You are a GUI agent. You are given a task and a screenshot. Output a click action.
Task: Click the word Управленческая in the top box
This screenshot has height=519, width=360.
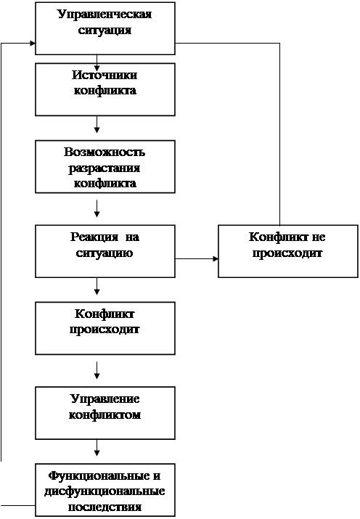(x=105, y=15)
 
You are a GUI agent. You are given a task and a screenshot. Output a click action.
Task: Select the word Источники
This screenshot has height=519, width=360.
(x=105, y=75)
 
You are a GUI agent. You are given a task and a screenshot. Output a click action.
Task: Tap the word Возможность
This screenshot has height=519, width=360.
(x=105, y=152)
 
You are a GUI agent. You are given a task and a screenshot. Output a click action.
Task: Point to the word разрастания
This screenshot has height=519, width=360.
(x=105, y=168)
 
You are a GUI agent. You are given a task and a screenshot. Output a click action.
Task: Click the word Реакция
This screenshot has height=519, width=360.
(x=94, y=237)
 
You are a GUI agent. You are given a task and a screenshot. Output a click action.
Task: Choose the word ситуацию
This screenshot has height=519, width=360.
(x=105, y=253)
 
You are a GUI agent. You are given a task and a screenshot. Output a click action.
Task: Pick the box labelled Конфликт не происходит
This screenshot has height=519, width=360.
(x=288, y=251)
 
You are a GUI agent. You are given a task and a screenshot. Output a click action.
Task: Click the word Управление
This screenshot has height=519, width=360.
(x=105, y=399)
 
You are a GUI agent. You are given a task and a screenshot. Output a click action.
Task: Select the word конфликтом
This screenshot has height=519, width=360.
(x=105, y=414)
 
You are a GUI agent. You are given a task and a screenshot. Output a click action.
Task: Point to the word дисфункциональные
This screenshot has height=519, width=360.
(x=105, y=491)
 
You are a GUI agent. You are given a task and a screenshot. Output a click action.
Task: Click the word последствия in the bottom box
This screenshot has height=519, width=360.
(x=105, y=507)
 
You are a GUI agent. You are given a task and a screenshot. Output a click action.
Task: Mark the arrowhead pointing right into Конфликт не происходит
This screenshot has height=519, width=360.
(x=216, y=258)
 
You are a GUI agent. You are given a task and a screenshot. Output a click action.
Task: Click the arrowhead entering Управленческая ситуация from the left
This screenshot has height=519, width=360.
(x=33, y=44)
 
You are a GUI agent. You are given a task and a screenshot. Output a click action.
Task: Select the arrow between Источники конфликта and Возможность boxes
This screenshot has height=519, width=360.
(x=97, y=124)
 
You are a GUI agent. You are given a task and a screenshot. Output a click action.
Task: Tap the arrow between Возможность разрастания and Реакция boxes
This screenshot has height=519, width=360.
(x=97, y=208)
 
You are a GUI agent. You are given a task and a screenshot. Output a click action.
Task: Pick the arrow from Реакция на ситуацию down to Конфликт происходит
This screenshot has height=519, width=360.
(x=97, y=286)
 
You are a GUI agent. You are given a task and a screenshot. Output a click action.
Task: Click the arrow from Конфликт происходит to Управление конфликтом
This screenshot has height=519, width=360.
(x=97, y=370)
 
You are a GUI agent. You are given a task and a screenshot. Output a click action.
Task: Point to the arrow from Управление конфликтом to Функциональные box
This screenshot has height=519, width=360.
(x=97, y=448)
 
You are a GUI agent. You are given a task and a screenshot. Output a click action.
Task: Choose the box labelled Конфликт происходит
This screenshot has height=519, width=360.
(x=105, y=328)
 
